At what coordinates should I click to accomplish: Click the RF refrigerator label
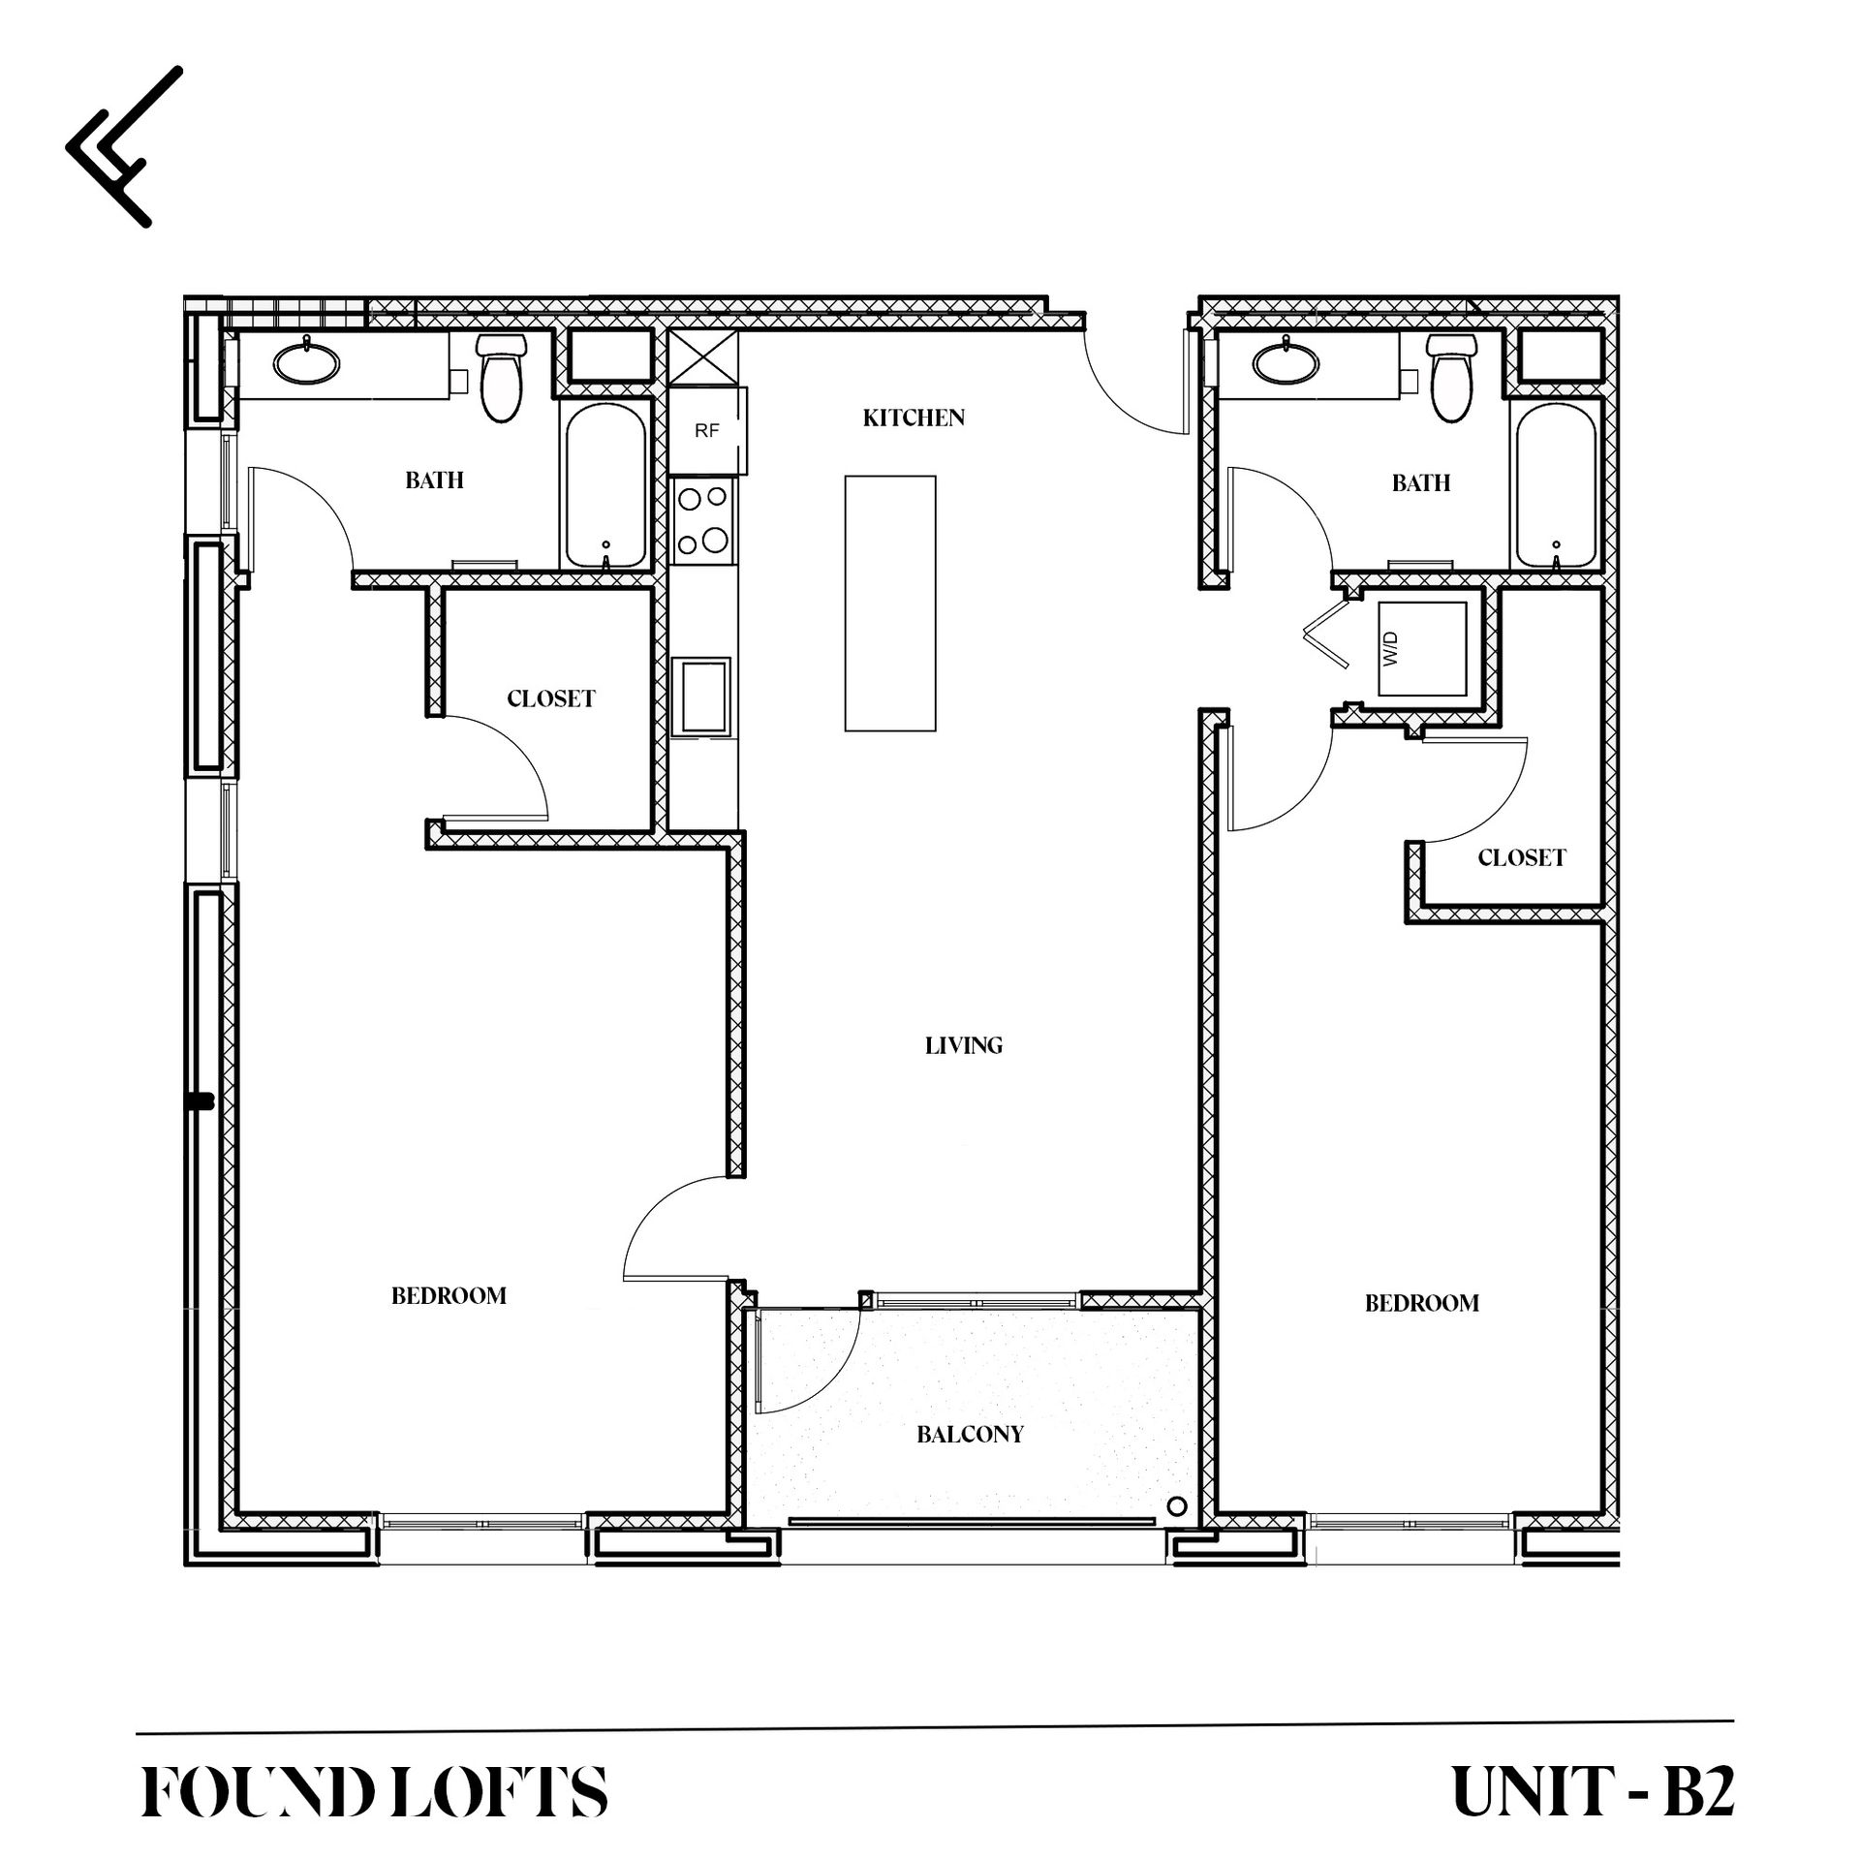point(706,431)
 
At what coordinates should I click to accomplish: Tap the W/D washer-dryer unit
point(1423,648)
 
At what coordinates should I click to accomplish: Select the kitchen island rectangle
point(890,603)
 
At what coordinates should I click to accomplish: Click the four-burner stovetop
point(703,523)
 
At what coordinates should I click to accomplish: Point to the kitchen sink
point(702,697)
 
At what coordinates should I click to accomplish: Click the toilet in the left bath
point(501,377)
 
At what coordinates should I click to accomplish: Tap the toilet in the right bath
point(1449,377)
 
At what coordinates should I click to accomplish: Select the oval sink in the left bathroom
point(307,364)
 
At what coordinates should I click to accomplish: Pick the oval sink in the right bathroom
point(1286,364)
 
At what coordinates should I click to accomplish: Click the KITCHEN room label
point(914,418)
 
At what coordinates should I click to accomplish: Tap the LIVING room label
point(963,1045)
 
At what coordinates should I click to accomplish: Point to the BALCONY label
point(970,1435)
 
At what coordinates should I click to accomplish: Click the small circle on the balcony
point(1177,1506)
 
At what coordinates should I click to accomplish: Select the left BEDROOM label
point(449,1296)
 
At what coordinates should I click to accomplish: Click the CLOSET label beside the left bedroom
point(550,698)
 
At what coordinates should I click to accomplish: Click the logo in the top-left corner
point(124,146)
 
